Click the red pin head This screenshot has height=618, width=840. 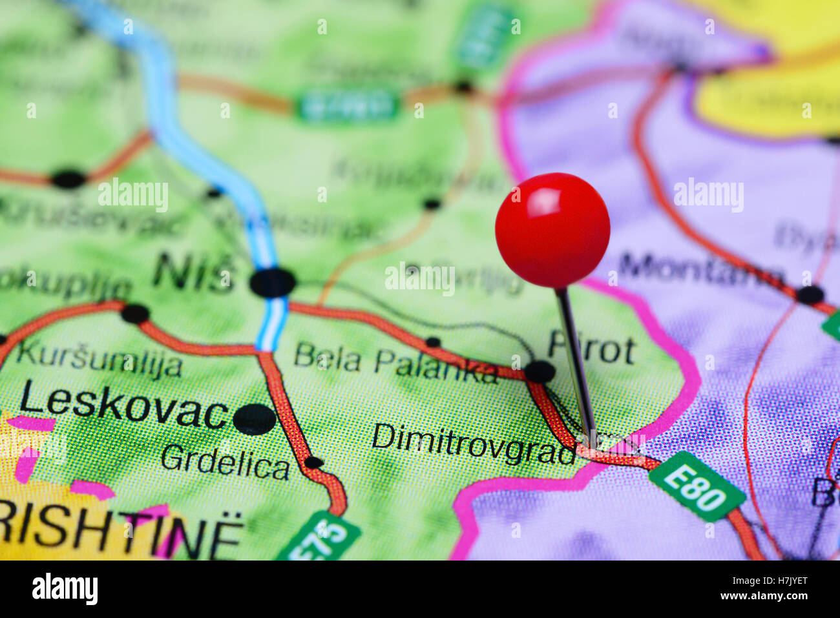tap(552, 230)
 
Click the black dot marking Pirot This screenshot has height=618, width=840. tap(540, 371)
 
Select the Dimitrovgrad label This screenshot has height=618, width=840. tap(474, 444)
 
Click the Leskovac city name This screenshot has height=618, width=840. tap(123, 406)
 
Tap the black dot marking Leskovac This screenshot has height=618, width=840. tap(254, 419)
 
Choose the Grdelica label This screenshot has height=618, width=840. tap(225, 462)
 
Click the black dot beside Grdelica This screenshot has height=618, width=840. tap(313, 462)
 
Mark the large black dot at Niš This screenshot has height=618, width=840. tap(273, 282)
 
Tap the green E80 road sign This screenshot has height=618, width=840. tap(697, 486)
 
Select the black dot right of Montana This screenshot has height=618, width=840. tap(810, 295)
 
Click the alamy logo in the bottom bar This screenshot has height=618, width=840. tap(65, 589)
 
